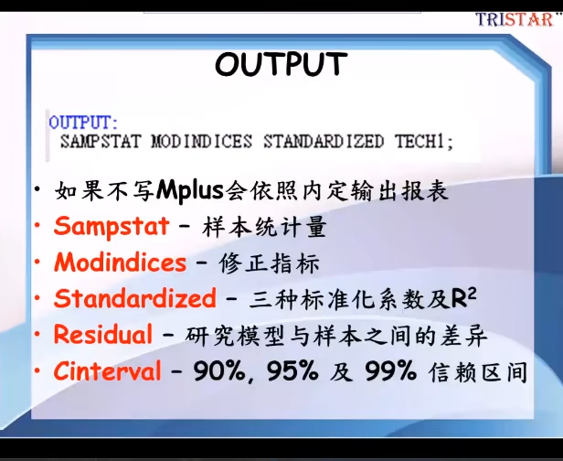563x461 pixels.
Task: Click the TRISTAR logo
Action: pyautogui.click(x=515, y=19)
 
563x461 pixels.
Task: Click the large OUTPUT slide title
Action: pyautogui.click(x=281, y=64)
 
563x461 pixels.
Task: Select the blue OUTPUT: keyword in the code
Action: pyautogui.click(x=83, y=123)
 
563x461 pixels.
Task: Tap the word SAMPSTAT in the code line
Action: pyautogui.click(x=101, y=141)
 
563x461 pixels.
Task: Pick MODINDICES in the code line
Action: pyautogui.click(x=202, y=141)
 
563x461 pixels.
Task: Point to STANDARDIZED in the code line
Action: pyautogui.click(x=324, y=141)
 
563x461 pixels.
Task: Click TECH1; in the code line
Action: pyautogui.click(x=424, y=141)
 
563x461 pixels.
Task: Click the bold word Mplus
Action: pyautogui.click(x=190, y=190)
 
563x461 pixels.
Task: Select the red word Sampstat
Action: pyautogui.click(x=112, y=227)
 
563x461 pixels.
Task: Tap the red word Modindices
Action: pyautogui.click(x=121, y=263)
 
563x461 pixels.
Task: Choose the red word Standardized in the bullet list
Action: pyautogui.click(x=135, y=298)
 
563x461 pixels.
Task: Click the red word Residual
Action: pyautogui.click(x=103, y=334)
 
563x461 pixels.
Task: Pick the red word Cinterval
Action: pyautogui.click(x=107, y=370)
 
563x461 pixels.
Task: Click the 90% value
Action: pyautogui.click(x=219, y=371)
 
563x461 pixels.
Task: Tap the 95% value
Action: pyautogui.click(x=292, y=371)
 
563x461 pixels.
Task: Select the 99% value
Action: pyautogui.click(x=390, y=371)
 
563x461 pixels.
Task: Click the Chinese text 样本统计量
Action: pyautogui.click(x=264, y=227)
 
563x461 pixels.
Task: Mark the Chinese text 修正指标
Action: pyautogui.click(x=269, y=263)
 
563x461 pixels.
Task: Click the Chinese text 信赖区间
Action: pyautogui.click(x=477, y=372)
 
